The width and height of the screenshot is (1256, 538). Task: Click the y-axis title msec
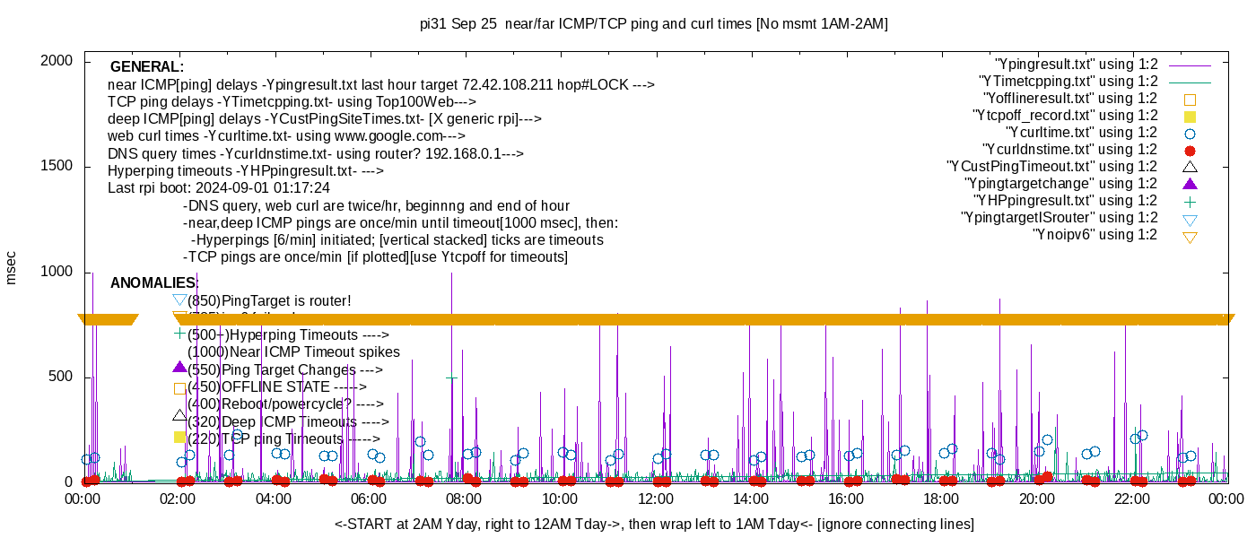click(12, 267)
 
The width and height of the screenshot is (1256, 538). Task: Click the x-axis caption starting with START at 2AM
click(654, 524)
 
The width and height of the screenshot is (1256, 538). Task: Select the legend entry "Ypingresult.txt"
click(1076, 65)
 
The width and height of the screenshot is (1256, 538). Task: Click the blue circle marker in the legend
click(1190, 133)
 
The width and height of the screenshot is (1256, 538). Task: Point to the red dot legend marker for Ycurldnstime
click(1190, 150)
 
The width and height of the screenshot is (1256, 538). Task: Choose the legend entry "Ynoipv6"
click(1095, 235)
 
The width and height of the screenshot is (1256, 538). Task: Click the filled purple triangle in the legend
click(1190, 184)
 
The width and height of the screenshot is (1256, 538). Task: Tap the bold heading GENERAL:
click(147, 67)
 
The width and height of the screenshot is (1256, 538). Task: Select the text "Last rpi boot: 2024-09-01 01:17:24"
click(219, 188)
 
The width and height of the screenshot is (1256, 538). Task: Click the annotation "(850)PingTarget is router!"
click(269, 301)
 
